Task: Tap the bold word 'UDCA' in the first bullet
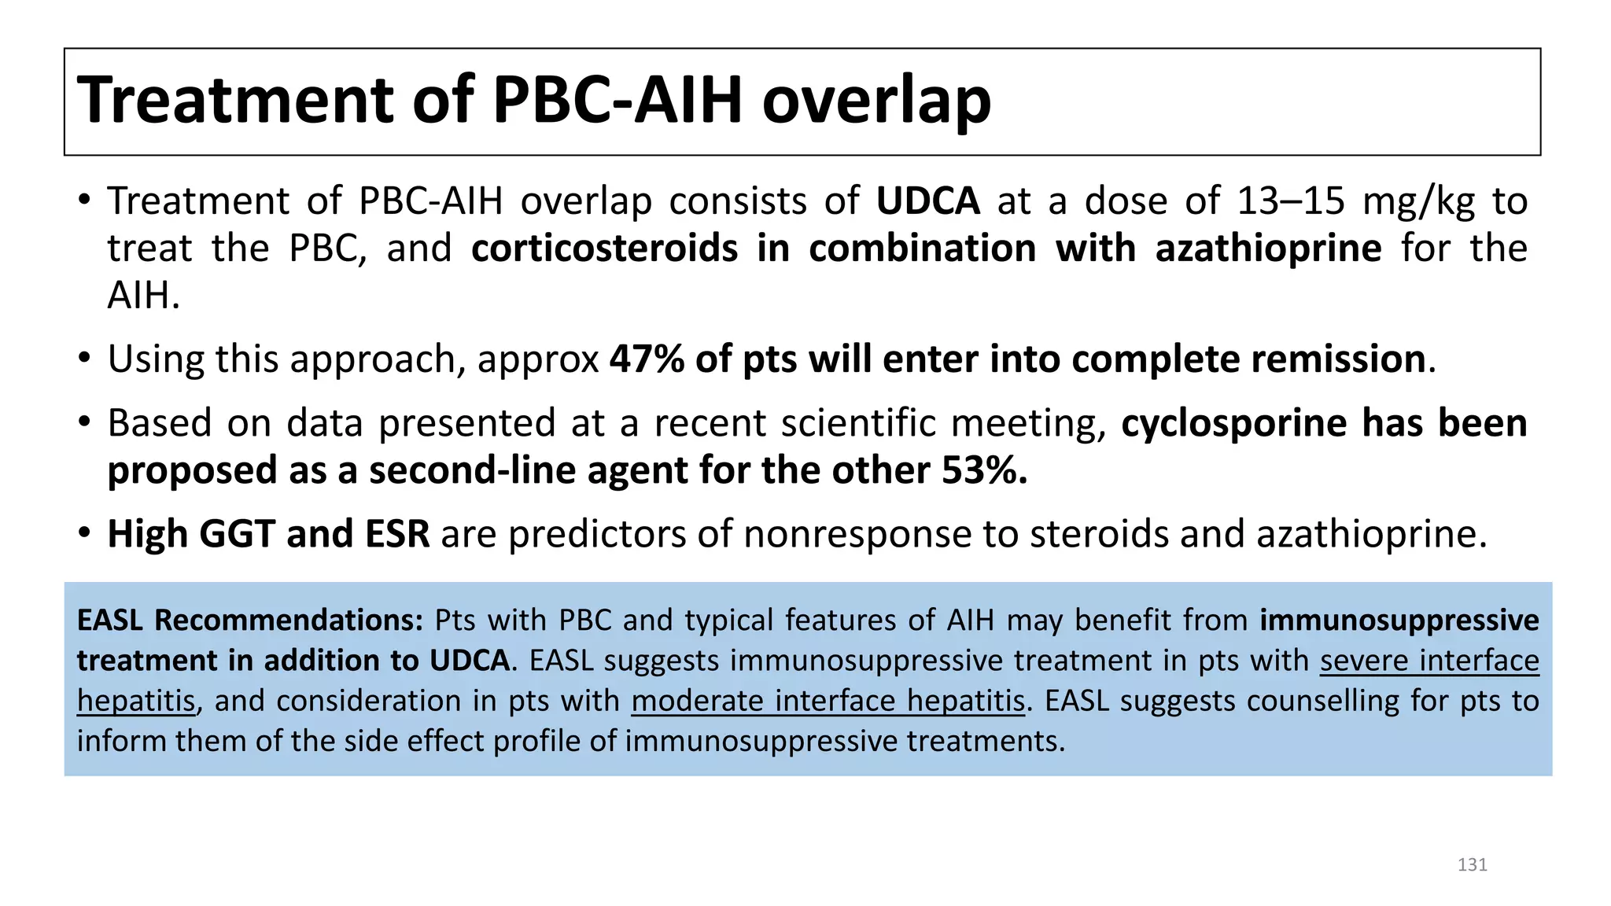pyautogui.click(x=927, y=201)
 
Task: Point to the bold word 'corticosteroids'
pyautogui.click(x=604, y=249)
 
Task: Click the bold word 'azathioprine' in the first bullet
pyautogui.click(x=1268, y=249)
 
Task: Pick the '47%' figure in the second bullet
pyautogui.click(x=647, y=359)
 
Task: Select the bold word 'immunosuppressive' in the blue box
pyautogui.click(x=1399, y=621)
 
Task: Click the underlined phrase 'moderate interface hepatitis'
pyautogui.click(x=828, y=701)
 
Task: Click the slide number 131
pyautogui.click(x=1472, y=865)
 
